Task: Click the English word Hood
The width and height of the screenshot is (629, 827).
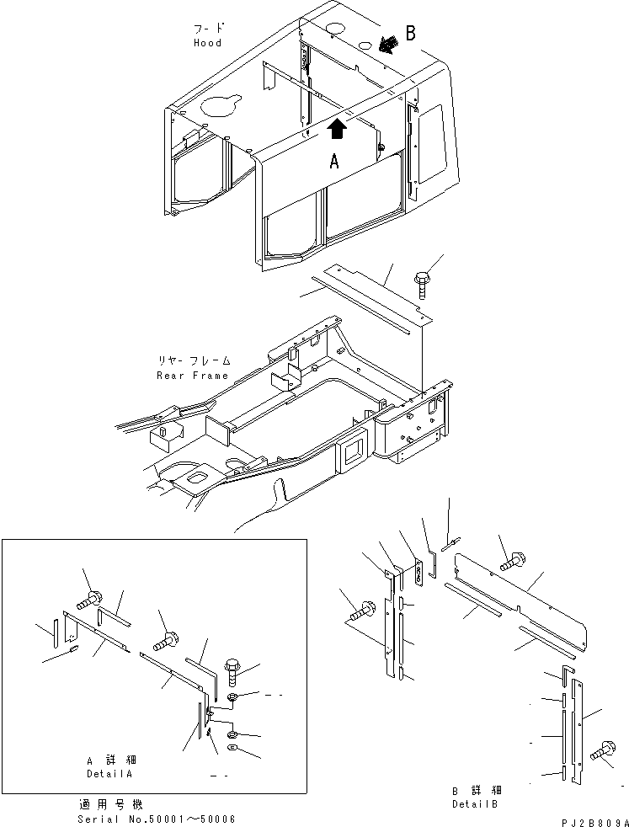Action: tap(207, 42)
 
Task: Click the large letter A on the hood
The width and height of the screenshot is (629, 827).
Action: tap(334, 163)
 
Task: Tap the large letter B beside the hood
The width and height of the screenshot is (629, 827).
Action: tap(411, 34)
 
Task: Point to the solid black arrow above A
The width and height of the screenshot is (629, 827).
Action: tap(337, 129)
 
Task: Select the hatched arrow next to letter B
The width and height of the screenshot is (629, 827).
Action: tap(388, 43)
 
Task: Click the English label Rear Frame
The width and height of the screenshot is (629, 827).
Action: tap(193, 376)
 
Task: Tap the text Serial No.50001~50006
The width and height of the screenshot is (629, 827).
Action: tap(156, 818)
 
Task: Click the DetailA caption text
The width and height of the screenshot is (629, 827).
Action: tap(109, 773)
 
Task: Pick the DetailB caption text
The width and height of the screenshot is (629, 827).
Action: tap(477, 803)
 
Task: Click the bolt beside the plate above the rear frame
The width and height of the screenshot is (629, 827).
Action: tap(422, 279)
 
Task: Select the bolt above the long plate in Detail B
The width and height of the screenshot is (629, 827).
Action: tap(512, 558)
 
